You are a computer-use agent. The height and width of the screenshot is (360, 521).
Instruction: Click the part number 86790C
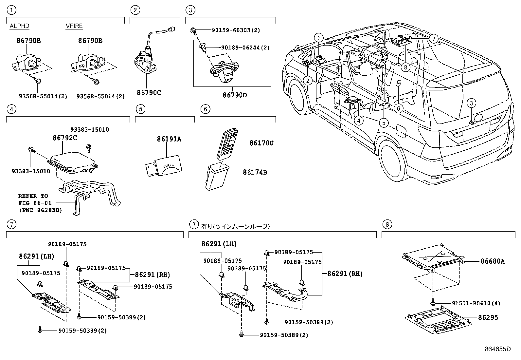coord(149,93)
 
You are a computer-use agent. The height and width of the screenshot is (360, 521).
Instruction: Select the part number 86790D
coord(235,95)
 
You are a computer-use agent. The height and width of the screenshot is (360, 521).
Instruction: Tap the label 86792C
coord(65,138)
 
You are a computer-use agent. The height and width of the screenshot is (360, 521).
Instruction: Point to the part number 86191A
coord(169,139)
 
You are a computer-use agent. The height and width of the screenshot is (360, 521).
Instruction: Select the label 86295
coord(488,317)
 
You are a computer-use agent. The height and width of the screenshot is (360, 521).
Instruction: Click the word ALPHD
coord(19,26)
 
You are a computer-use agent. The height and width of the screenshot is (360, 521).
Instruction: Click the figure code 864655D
coord(497,349)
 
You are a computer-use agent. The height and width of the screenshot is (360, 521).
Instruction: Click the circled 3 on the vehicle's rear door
coord(471,103)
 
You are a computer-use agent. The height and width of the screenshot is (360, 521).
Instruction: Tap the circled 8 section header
coord(387,224)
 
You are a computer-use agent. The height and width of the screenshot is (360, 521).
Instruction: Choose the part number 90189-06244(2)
coord(245,47)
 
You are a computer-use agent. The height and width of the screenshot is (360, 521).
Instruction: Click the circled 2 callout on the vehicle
coord(308,80)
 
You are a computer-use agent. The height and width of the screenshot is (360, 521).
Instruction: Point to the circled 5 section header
coord(140,109)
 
